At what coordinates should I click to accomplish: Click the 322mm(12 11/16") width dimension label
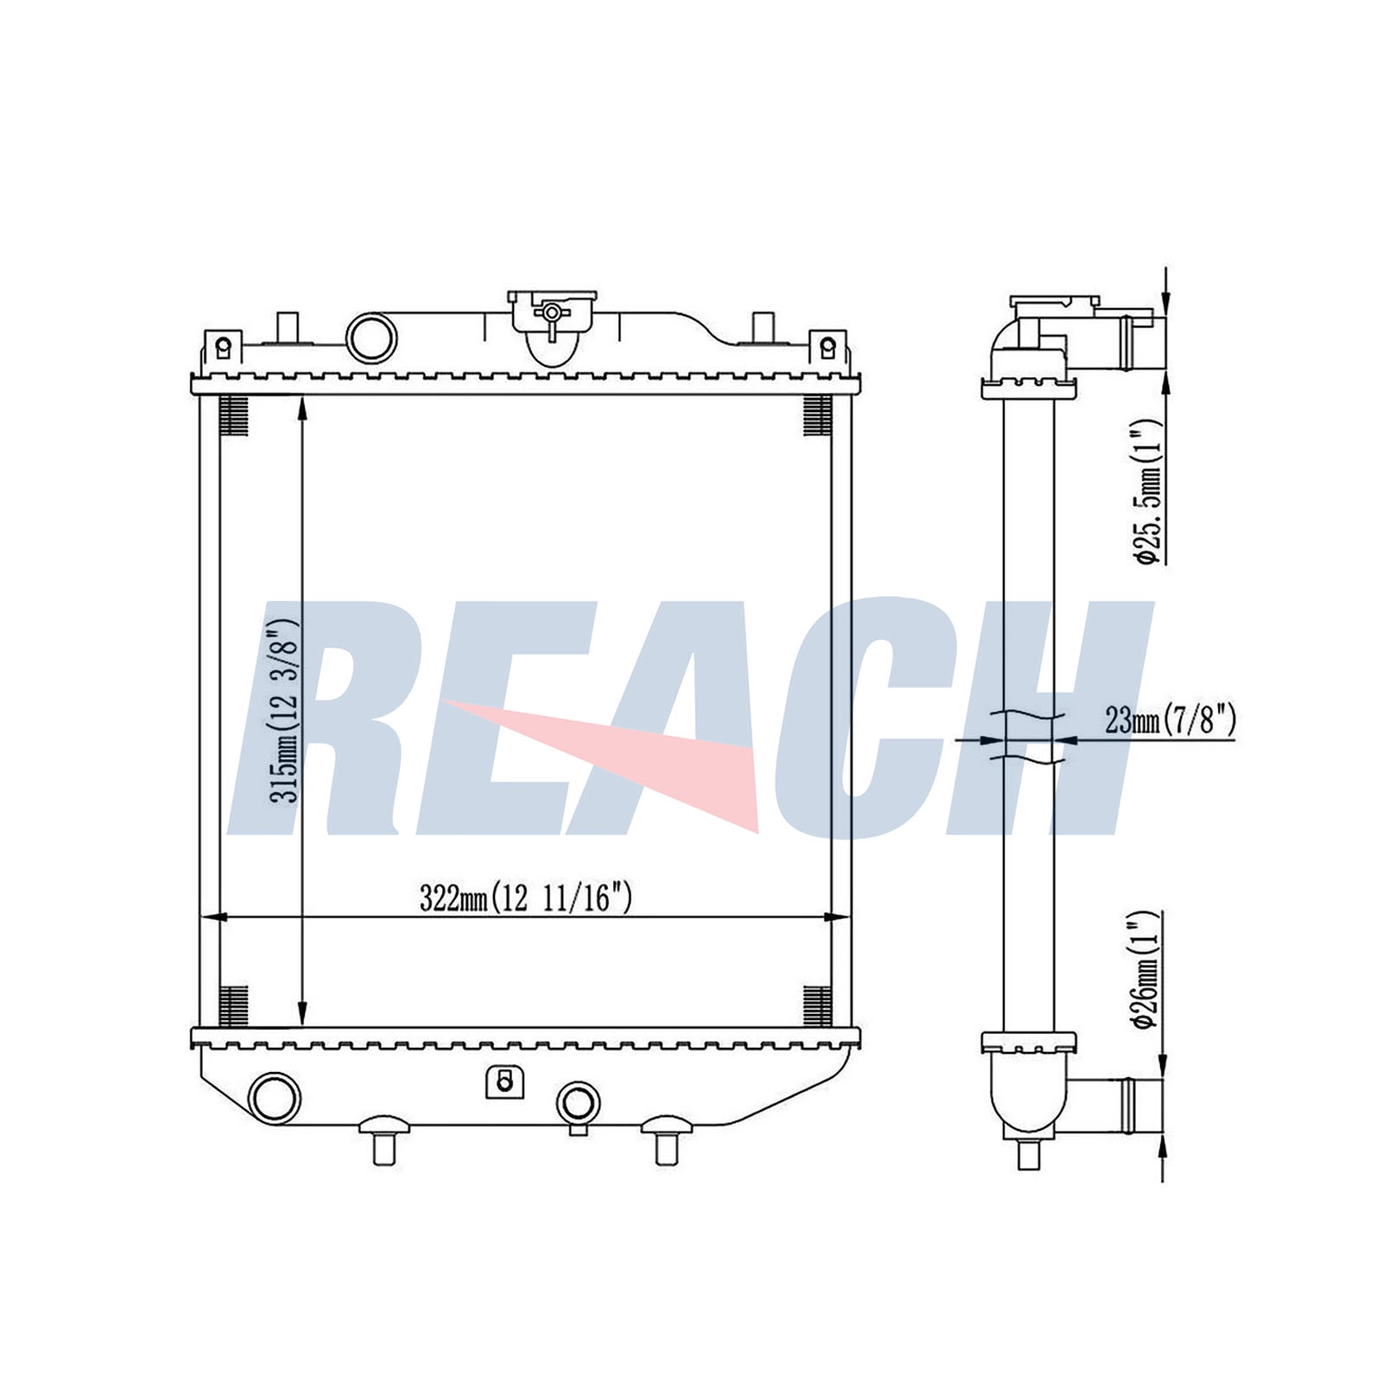[x=525, y=898]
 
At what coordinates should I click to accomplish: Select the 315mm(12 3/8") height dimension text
[x=283, y=710]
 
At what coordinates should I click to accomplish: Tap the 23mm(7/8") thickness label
[x=1170, y=719]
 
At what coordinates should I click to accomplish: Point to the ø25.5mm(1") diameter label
[x=1147, y=491]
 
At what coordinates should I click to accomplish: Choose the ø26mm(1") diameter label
[x=1147, y=969]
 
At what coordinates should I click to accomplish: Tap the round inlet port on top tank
[x=371, y=337]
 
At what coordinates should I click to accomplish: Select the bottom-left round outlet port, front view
[x=275, y=1098]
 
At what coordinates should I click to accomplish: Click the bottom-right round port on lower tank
[x=578, y=1102]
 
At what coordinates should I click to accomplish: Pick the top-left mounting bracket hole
[x=224, y=347]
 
